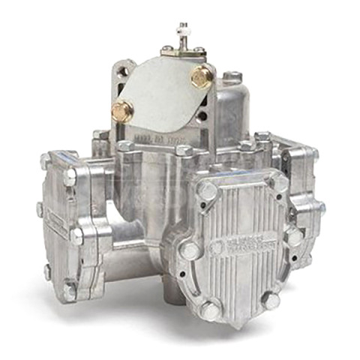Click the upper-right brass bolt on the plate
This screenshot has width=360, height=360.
pos(201,76)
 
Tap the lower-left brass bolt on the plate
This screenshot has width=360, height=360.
pos(121,112)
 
